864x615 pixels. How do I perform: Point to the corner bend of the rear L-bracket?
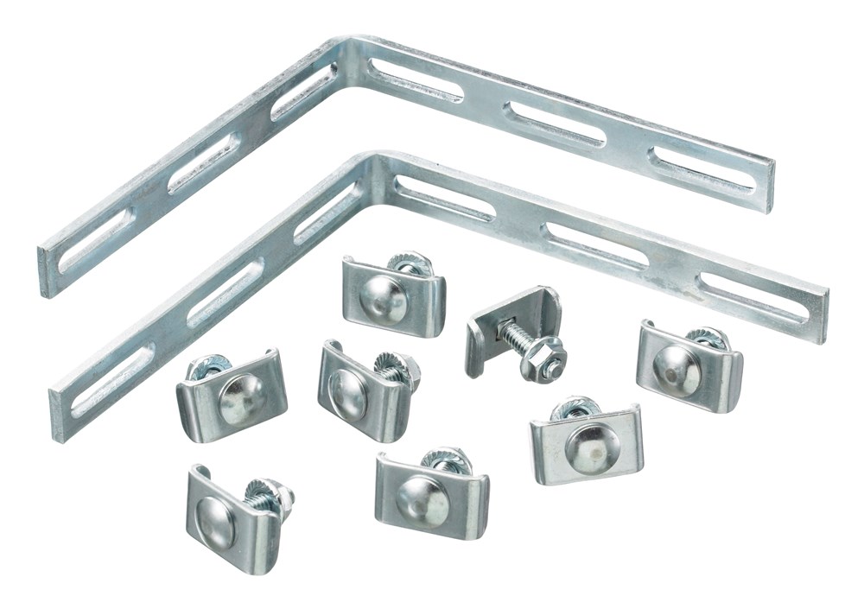348,54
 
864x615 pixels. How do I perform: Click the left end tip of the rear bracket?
45,272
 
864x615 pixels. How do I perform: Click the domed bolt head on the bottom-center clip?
422,499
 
